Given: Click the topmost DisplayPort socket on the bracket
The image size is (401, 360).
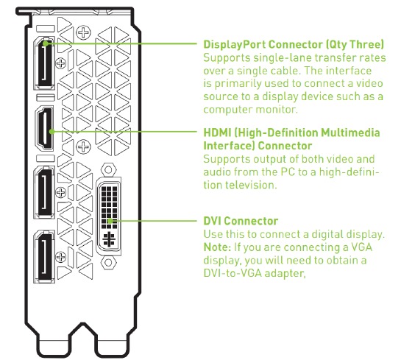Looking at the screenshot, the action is (x=44, y=63).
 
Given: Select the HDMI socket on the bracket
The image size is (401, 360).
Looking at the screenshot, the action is (x=44, y=128).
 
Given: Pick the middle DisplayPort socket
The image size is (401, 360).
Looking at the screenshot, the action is (x=44, y=192).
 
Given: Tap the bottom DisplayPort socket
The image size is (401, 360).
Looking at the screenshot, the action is (x=44, y=256).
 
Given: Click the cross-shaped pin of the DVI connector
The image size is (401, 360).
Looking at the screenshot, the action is (x=109, y=239).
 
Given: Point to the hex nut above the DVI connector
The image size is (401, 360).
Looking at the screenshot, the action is (x=108, y=170).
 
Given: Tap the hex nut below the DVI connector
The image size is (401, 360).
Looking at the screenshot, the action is (x=108, y=262).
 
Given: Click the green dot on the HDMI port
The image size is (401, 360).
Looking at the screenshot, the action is (x=52, y=132).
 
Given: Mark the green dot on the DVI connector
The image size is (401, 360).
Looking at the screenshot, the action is (x=110, y=221).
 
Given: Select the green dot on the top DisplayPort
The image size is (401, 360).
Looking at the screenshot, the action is (x=46, y=43).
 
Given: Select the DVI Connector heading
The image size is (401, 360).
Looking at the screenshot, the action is (x=241, y=221).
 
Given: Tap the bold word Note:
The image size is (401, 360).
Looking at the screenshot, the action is (x=217, y=247).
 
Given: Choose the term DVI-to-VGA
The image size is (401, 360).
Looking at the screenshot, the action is (x=233, y=273).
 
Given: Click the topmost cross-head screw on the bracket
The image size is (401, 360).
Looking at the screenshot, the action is (x=83, y=32).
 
